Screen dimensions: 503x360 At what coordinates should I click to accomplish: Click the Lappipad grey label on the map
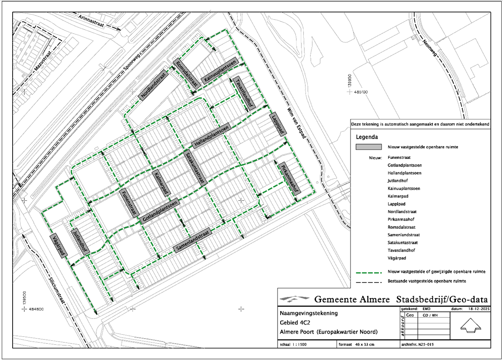coord(277,124)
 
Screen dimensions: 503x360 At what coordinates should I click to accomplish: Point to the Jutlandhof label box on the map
coord(80,241)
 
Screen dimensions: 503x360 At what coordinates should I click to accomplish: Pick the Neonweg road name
coord(430,48)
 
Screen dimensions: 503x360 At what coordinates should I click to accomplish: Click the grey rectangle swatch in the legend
coord(368,147)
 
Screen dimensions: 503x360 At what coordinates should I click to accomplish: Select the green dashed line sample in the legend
coord(369,273)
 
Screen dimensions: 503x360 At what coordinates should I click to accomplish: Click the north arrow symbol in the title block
coord(471,325)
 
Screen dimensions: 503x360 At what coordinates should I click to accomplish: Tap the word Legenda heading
coord(367,137)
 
